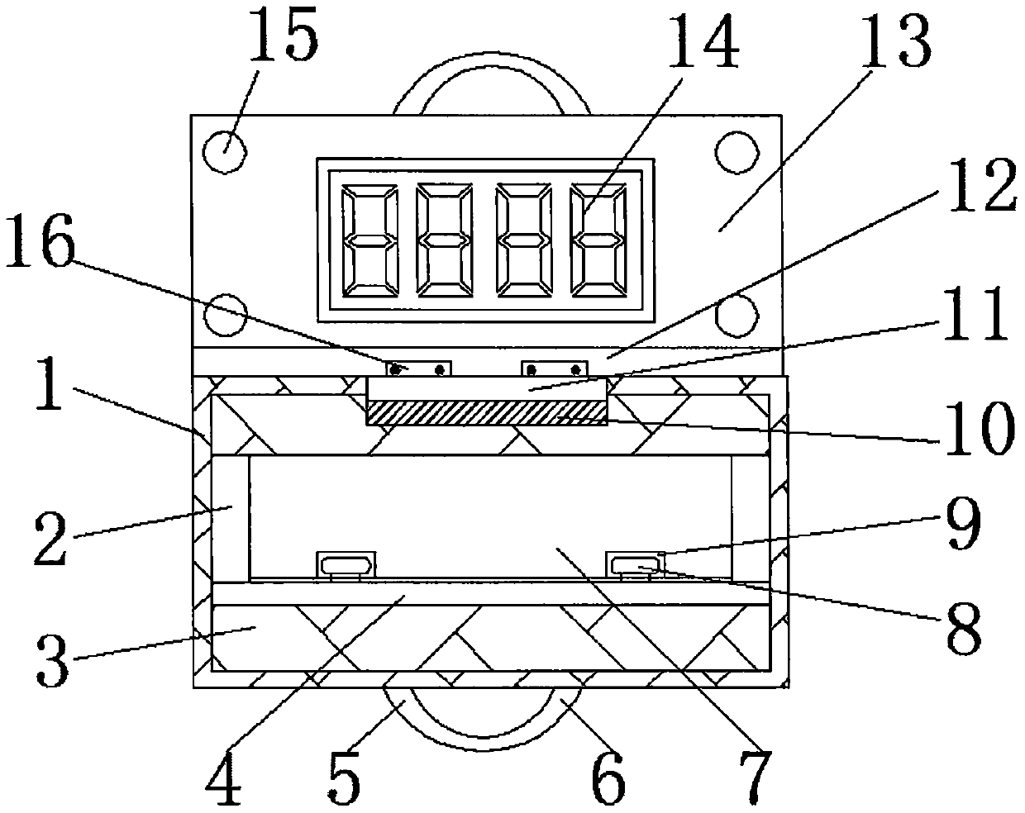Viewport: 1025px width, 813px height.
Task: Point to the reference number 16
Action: click(39, 246)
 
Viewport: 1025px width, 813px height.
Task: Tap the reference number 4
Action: click(224, 780)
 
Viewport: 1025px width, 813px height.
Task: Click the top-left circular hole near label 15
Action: click(224, 152)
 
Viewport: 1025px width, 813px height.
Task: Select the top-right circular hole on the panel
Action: click(737, 152)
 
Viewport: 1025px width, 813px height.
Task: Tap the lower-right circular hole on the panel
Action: click(737, 315)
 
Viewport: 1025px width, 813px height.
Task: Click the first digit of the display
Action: click(369, 240)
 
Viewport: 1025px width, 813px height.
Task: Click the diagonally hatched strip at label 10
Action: click(486, 411)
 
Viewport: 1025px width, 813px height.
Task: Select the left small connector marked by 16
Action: click(420, 367)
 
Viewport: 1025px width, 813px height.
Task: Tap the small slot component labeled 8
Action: click(636, 565)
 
